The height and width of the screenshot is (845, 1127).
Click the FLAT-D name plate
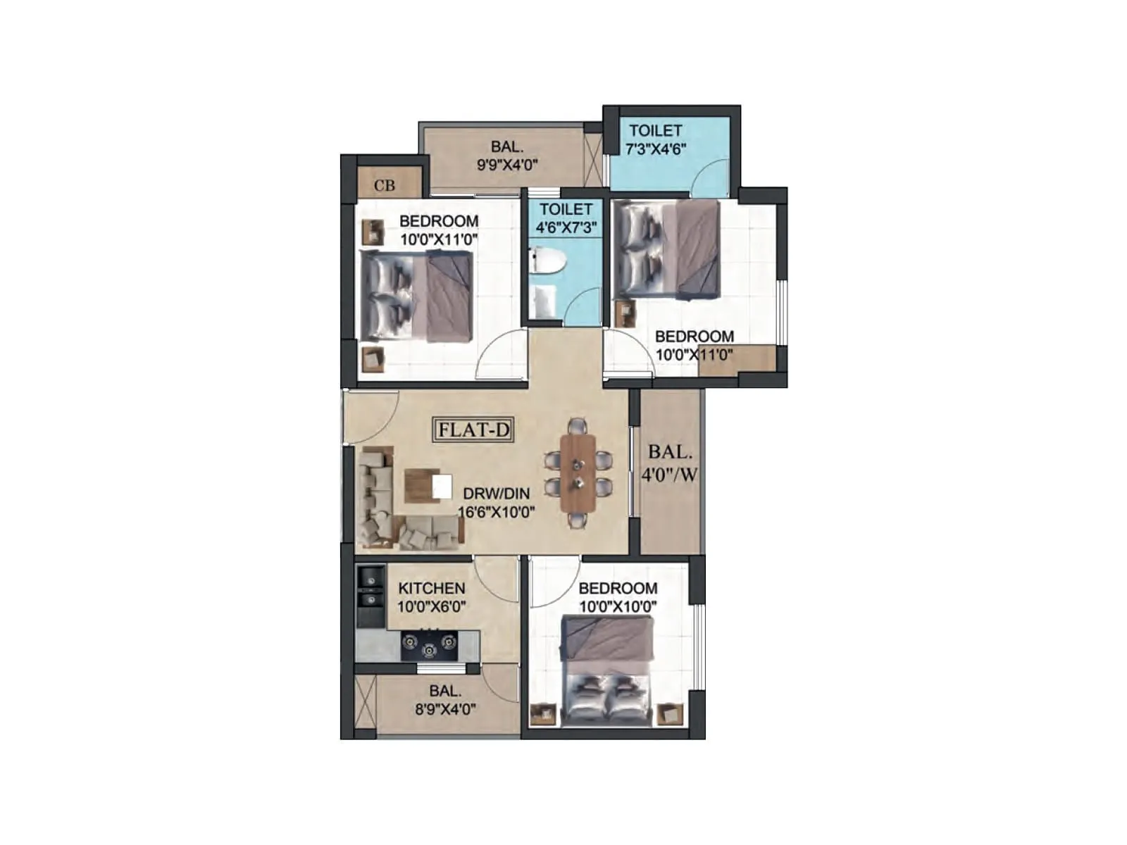pyautogui.click(x=473, y=430)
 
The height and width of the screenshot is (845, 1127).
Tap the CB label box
pyautogui.click(x=385, y=185)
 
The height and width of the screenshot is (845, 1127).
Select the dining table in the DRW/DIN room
pyautogui.click(x=578, y=473)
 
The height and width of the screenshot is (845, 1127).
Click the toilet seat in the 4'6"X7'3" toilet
pyautogui.click(x=549, y=261)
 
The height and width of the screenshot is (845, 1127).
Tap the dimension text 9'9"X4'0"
pyautogui.click(x=507, y=165)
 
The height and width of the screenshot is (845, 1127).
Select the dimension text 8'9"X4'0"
pyautogui.click(x=445, y=709)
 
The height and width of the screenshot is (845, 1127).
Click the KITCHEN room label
pyautogui.click(x=431, y=588)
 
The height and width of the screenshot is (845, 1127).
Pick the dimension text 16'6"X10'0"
pyautogui.click(x=497, y=512)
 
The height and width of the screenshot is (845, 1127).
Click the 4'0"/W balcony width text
pyautogui.click(x=669, y=474)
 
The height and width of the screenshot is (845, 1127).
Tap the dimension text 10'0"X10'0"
pyautogui.click(x=618, y=606)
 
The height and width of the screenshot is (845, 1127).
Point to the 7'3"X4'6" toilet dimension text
pyautogui.click(x=655, y=149)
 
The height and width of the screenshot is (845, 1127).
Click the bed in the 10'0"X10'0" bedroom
pyautogui.click(x=607, y=669)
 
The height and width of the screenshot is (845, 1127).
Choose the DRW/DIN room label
pyautogui.click(x=496, y=494)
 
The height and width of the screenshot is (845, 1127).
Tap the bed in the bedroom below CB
pyautogui.click(x=416, y=297)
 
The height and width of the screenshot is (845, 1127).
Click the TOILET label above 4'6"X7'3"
pyautogui.click(x=566, y=209)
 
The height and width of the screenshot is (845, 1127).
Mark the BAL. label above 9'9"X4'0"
pyautogui.click(x=507, y=147)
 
